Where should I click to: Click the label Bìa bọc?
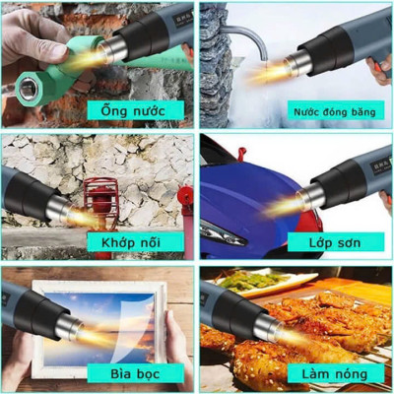pyautogui.click(x=121, y=373)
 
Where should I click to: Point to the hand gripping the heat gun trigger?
pyautogui.click(x=380, y=69)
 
